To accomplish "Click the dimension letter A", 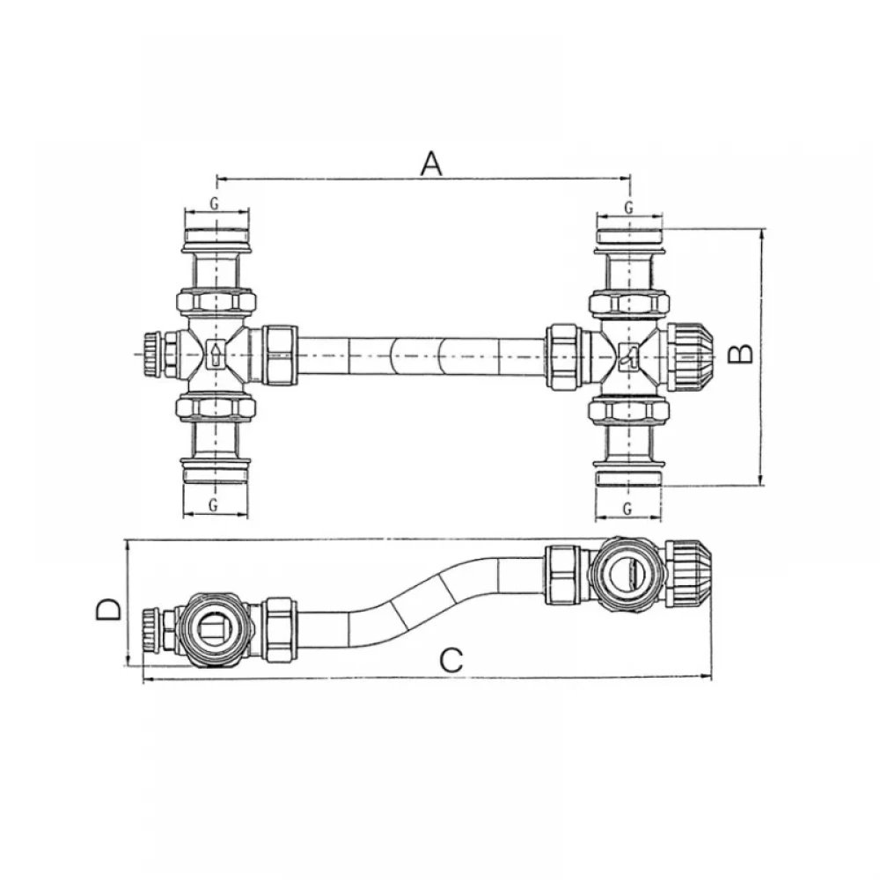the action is (x=431, y=164).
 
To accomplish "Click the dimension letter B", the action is (x=740, y=354).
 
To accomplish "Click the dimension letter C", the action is (x=451, y=661).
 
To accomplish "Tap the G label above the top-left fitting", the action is (x=215, y=203).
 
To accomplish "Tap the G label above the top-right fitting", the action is (x=628, y=208).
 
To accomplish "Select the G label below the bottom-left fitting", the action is (x=213, y=505).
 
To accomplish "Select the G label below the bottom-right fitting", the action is (x=627, y=509).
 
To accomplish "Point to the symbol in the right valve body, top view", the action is (x=628, y=357).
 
